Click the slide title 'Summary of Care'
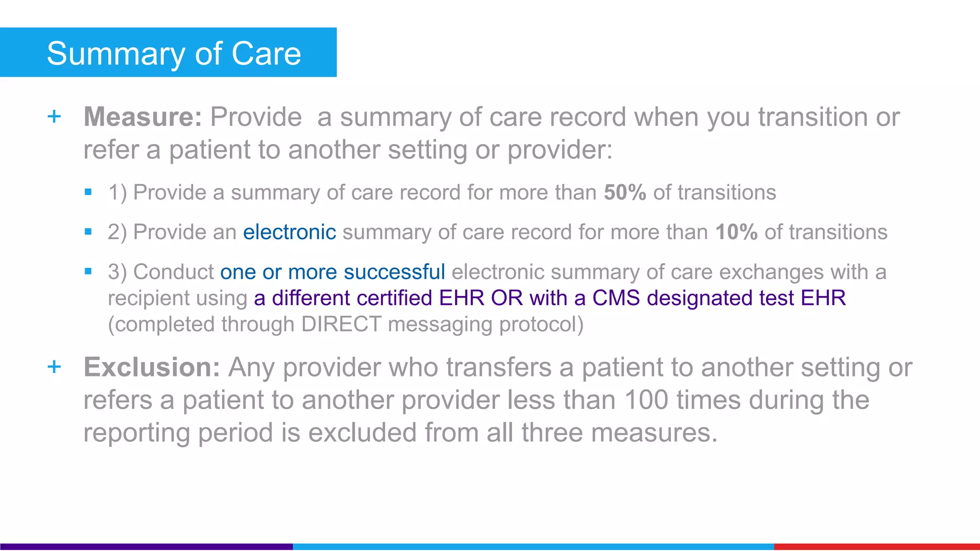[174, 53]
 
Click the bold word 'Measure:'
[143, 117]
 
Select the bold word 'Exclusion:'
[152, 367]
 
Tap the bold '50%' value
[625, 192]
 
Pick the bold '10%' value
[736, 232]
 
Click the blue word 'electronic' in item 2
[290, 232]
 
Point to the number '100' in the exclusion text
[646, 400]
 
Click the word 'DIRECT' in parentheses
[341, 324]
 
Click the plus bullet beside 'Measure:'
[55, 116]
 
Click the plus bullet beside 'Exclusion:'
[55, 367]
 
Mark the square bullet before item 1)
[88, 192]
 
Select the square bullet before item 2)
[88, 232]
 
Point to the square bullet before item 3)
[88, 272]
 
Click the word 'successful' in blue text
[394, 272]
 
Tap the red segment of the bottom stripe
[877, 547]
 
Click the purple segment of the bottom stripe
[146, 547]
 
